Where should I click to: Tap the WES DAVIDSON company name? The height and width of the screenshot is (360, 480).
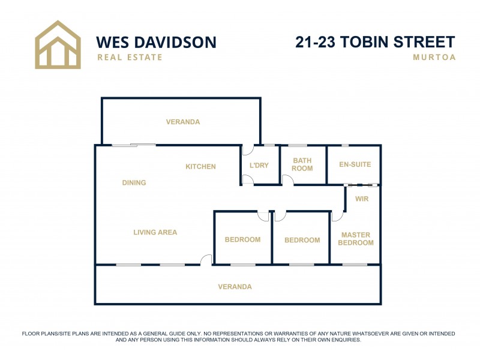(156, 42)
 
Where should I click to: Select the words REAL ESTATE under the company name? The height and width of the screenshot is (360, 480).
(130, 58)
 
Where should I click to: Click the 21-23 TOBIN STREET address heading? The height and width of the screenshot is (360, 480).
(375, 42)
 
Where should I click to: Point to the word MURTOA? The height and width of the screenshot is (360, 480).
(434, 58)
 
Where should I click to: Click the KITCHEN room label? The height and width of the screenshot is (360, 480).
(200, 167)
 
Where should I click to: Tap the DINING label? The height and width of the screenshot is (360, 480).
(134, 183)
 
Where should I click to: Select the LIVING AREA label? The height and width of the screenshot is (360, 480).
(155, 232)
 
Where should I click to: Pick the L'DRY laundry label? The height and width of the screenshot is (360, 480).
(259, 166)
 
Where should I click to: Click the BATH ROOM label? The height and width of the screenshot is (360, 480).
(302, 164)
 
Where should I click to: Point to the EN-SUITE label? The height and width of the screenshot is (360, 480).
(355, 164)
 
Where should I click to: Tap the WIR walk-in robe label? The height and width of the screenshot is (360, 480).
(362, 199)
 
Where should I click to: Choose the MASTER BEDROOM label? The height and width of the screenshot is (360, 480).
(356, 239)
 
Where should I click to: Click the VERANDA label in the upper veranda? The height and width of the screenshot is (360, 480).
(183, 122)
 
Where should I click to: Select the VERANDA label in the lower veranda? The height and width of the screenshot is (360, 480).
(235, 287)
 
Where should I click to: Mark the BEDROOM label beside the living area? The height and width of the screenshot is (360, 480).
(242, 240)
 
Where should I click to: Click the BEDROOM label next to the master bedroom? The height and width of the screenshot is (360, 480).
(302, 240)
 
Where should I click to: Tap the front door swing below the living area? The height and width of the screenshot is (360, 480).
(206, 260)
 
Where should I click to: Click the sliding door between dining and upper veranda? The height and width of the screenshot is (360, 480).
(134, 145)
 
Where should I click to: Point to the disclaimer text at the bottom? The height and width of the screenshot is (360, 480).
(238, 337)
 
